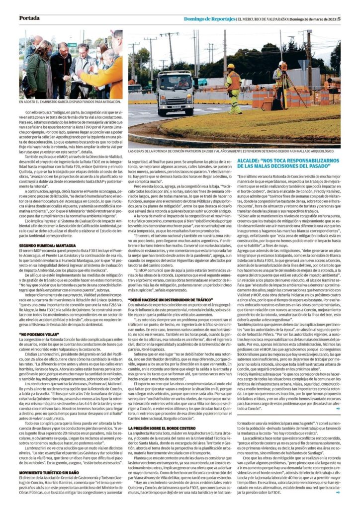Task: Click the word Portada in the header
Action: (x=29, y=18)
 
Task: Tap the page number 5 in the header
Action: (x=339, y=19)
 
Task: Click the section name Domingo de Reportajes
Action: (x=209, y=19)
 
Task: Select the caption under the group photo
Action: (x=70, y=101)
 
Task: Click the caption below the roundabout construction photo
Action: (x=234, y=151)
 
